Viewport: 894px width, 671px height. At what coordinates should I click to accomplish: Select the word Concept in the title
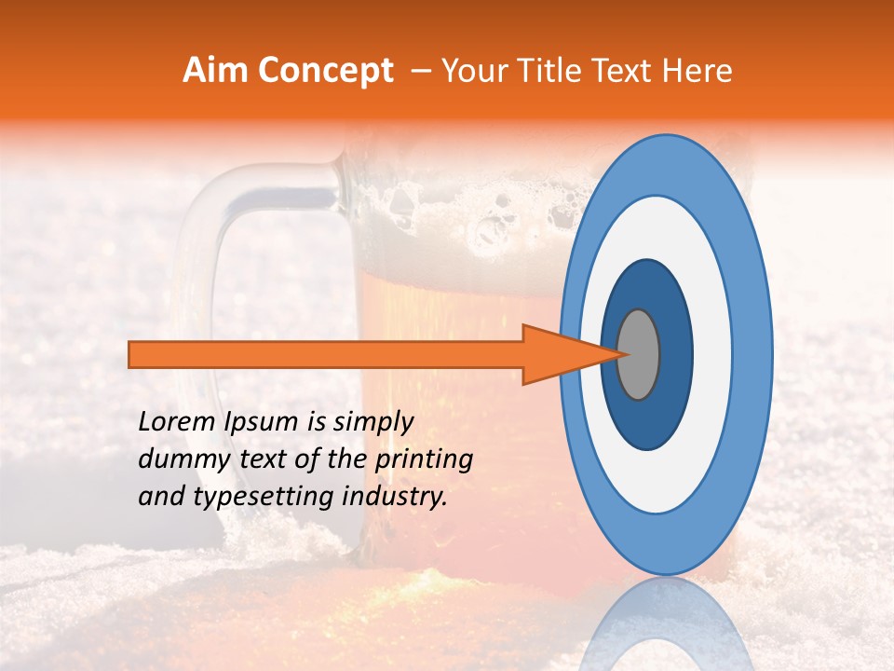click(x=326, y=71)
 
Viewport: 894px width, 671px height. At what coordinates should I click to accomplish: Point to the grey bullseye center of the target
click(x=638, y=354)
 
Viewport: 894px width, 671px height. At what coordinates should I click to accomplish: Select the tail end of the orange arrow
click(x=131, y=354)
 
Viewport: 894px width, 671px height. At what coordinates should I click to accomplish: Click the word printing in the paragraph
click(x=425, y=460)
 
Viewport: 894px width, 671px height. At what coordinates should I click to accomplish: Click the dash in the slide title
click(x=420, y=71)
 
